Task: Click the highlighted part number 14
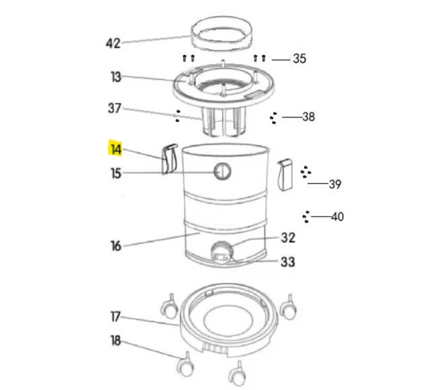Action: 116,149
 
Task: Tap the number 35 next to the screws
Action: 299,59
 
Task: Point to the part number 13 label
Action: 116,77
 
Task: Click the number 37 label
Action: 116,108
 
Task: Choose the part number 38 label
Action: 308,117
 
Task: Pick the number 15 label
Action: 116,173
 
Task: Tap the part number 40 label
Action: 337,216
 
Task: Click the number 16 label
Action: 116,247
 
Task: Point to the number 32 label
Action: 288,237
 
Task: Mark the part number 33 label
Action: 288,262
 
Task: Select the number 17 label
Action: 116,317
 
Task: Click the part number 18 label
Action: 116,342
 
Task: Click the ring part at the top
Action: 221,34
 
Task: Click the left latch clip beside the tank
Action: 167,159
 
